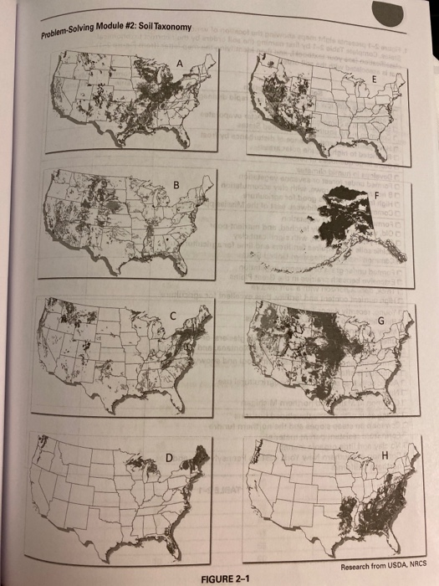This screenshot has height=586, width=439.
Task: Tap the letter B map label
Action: (176, 184)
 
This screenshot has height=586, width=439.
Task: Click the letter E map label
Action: (375, 76)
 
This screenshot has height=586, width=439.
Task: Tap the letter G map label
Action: (381, 320)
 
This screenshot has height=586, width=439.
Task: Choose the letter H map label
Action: (384, 455)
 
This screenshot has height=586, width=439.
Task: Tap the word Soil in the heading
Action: (148, 31)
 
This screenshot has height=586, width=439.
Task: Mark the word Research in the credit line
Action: (341, 565)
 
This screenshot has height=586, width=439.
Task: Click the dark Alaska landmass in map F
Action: (343, 203)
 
